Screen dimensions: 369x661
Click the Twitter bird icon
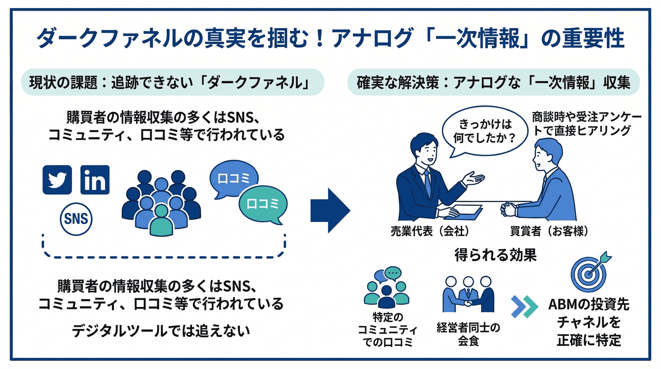[57, 180]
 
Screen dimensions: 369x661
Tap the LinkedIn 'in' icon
[95, 180]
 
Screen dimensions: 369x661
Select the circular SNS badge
[76, 219]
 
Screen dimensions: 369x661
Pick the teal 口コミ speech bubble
[263, 204]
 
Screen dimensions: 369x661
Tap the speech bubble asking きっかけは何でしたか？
[484, 131]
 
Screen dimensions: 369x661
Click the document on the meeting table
[465, 212]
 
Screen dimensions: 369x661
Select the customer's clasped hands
[507, 209]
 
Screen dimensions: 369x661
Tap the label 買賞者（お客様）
[549, 231]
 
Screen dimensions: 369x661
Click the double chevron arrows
[524, 307]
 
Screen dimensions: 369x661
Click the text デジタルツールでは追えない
[161, 331]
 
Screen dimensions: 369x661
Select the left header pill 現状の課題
[172, 82]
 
